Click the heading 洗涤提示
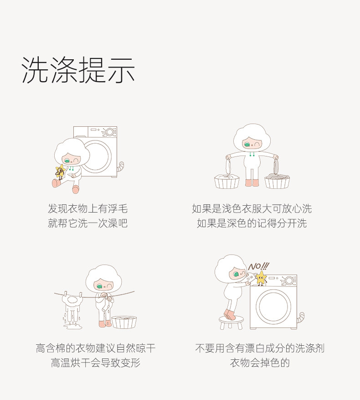pos(78,70)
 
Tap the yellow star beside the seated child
pos(61,171)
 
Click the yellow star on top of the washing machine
pos(261,278)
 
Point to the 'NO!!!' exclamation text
pos(258,266)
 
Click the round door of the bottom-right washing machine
pos(273,306)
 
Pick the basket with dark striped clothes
pos(277,181)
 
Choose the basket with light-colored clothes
pos(227,182)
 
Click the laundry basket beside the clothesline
pos(124,322)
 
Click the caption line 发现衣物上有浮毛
pos(87,209)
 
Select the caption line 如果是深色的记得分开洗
pos(252,223)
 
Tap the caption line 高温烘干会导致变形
pos(95,363)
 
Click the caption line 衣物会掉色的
pos(260,363)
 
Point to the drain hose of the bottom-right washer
pos(301,318)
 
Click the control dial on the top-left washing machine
pos(110,132)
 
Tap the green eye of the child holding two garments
pos(247,145)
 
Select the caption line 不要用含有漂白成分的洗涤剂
pos(260,348)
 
